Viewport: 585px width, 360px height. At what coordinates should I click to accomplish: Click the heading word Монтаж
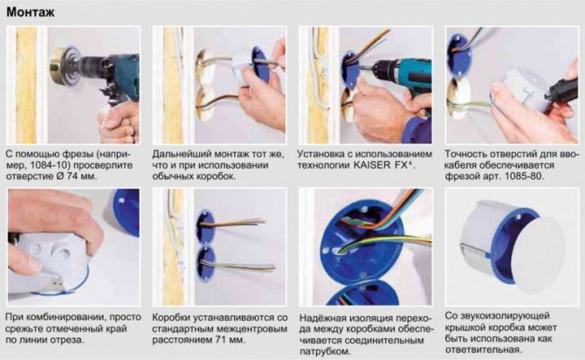tap(31, 12)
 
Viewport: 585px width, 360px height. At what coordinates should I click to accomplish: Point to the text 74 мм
tap(81, 176)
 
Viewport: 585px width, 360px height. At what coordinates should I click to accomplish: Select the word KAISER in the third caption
tap(371, 164)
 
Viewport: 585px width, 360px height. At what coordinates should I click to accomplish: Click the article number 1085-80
tap(524, 176)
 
